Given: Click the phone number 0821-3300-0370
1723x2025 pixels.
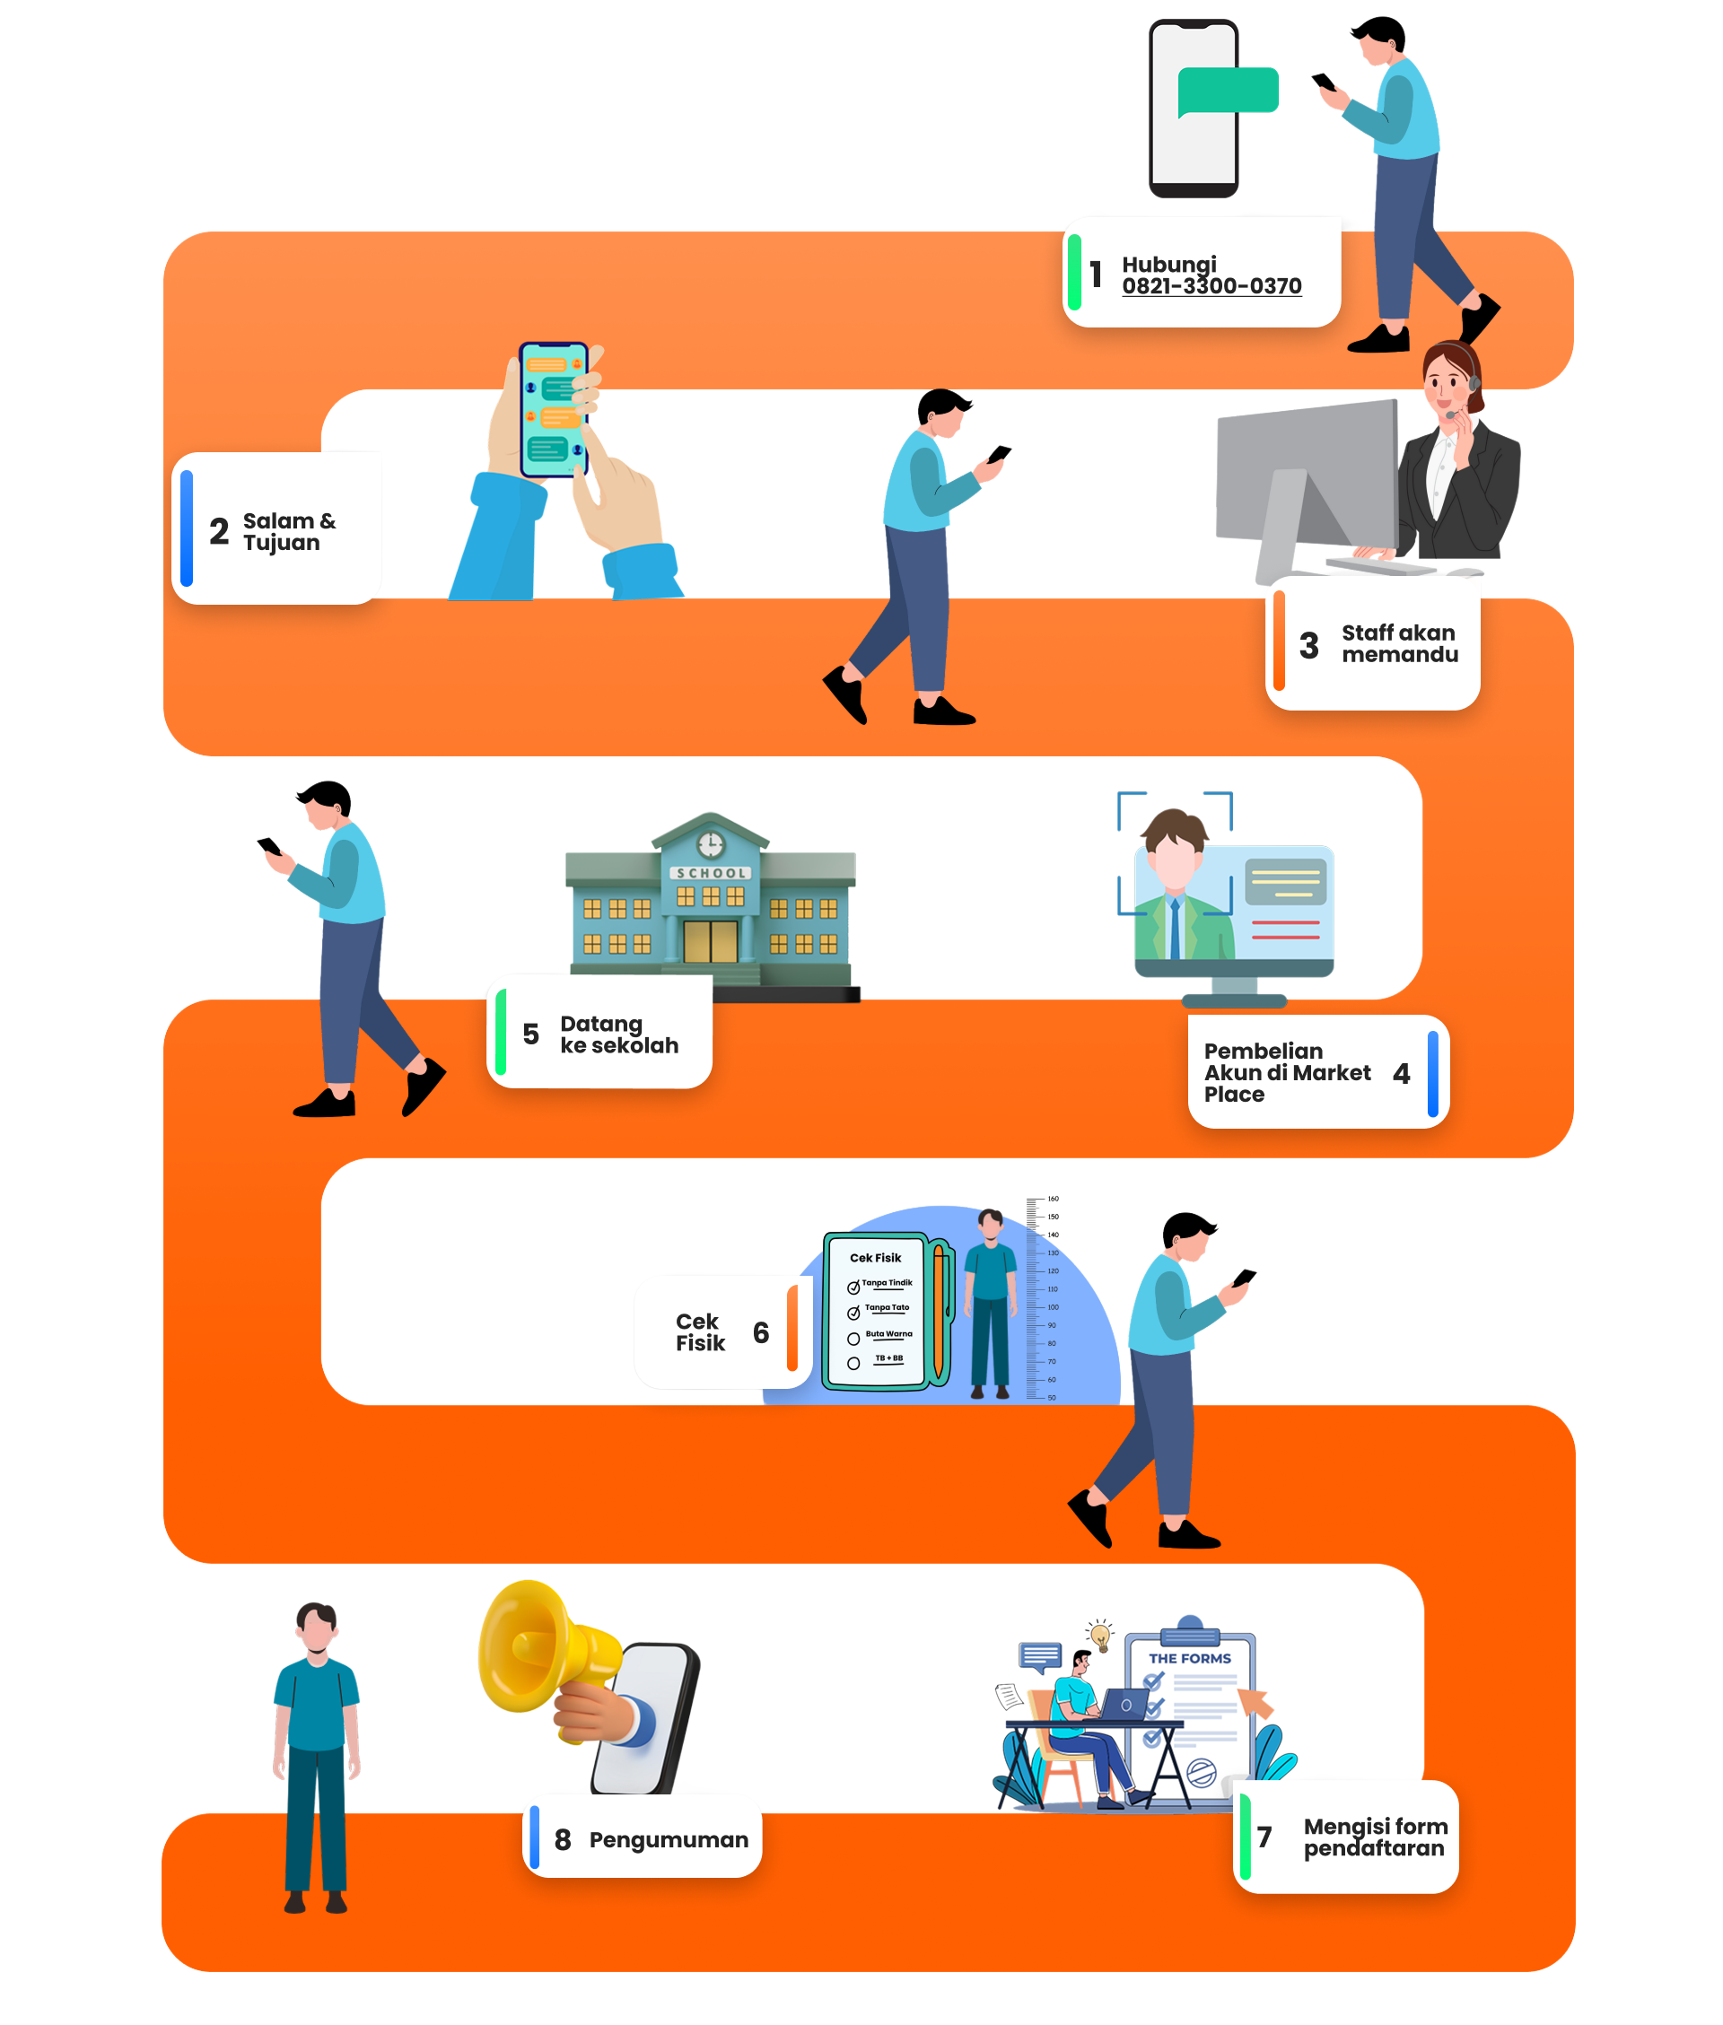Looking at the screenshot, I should point(1211,286).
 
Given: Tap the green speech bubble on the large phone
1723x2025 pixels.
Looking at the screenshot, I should point(1227,91).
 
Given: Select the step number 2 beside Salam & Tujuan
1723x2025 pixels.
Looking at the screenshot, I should point(219,531).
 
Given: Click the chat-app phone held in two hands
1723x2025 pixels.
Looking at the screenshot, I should point(553,409).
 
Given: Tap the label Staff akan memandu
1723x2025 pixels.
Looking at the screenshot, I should point(1399,643).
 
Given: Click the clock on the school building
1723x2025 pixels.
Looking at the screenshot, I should point(710,844).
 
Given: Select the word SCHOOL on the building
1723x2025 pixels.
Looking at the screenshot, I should point(711,873).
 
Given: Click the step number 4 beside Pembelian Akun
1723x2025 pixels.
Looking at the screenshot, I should point(1401,1073).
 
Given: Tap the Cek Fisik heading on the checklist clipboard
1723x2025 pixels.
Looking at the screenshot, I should point(875,1258).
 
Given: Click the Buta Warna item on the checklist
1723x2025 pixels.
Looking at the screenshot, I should point(888,1334).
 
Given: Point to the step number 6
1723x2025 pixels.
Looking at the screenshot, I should point(761,1331).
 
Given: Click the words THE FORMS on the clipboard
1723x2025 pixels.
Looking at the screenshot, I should point(1189,1658).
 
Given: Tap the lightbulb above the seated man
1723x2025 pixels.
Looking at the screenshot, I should point(1101,1634).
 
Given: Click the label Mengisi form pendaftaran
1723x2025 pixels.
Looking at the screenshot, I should point(1374,1837).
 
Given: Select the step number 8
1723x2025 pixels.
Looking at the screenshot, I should point(563,1839).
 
